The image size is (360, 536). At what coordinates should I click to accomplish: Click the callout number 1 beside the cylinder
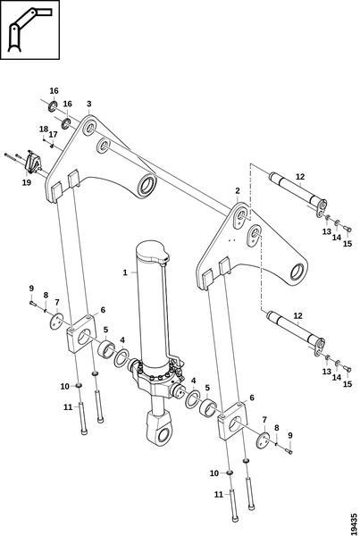pyautogui.click(x=125, y=272)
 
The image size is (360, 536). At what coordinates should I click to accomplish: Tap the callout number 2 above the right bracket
pyautogui.click(x=238, y=191)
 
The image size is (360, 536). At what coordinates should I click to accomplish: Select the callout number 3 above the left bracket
pyautogui.click(x=89, y=104)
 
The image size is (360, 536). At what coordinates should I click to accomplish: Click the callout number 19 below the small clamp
pyautogui.click(x=27, y=182)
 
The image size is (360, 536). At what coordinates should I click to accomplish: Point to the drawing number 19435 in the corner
pyautogui.click(x=355, y=523)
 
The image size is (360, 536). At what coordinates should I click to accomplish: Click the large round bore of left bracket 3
pyautogui.click(x=148, y=187)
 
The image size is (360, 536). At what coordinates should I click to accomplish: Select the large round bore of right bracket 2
pyautogui.click(x=298, y=273)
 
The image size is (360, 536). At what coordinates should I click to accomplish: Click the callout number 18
pyautogui.click(x=44, y=130)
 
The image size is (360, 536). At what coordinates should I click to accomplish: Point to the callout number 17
pyautogui.click(x=53, y=135)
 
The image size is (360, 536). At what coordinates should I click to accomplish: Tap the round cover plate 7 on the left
pyautogui.click(x=55, y=322)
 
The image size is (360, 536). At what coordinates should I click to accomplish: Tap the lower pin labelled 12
pyautogui.click(x=296, y=332)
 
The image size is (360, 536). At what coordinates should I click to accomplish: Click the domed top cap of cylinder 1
pyautogui.click(x=152, y=253)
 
